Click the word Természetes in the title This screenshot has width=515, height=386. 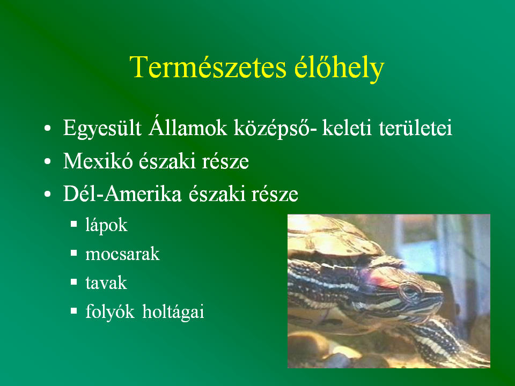[208, 68]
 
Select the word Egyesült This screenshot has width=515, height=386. [102, 128]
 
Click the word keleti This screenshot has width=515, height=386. [347, 128]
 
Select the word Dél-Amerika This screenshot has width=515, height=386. [122, 194]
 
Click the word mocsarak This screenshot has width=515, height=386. [122, 254]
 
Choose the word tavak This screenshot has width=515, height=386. [106, 283]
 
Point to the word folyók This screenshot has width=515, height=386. [110, 312]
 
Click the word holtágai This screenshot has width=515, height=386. [173, 312]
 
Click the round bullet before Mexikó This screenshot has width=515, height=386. [48, 161]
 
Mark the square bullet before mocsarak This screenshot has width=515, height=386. [74, 253]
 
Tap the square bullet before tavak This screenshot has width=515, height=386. [74, 281]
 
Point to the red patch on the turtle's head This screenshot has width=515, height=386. [381, 280]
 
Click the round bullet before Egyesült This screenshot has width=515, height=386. [48, 128]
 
